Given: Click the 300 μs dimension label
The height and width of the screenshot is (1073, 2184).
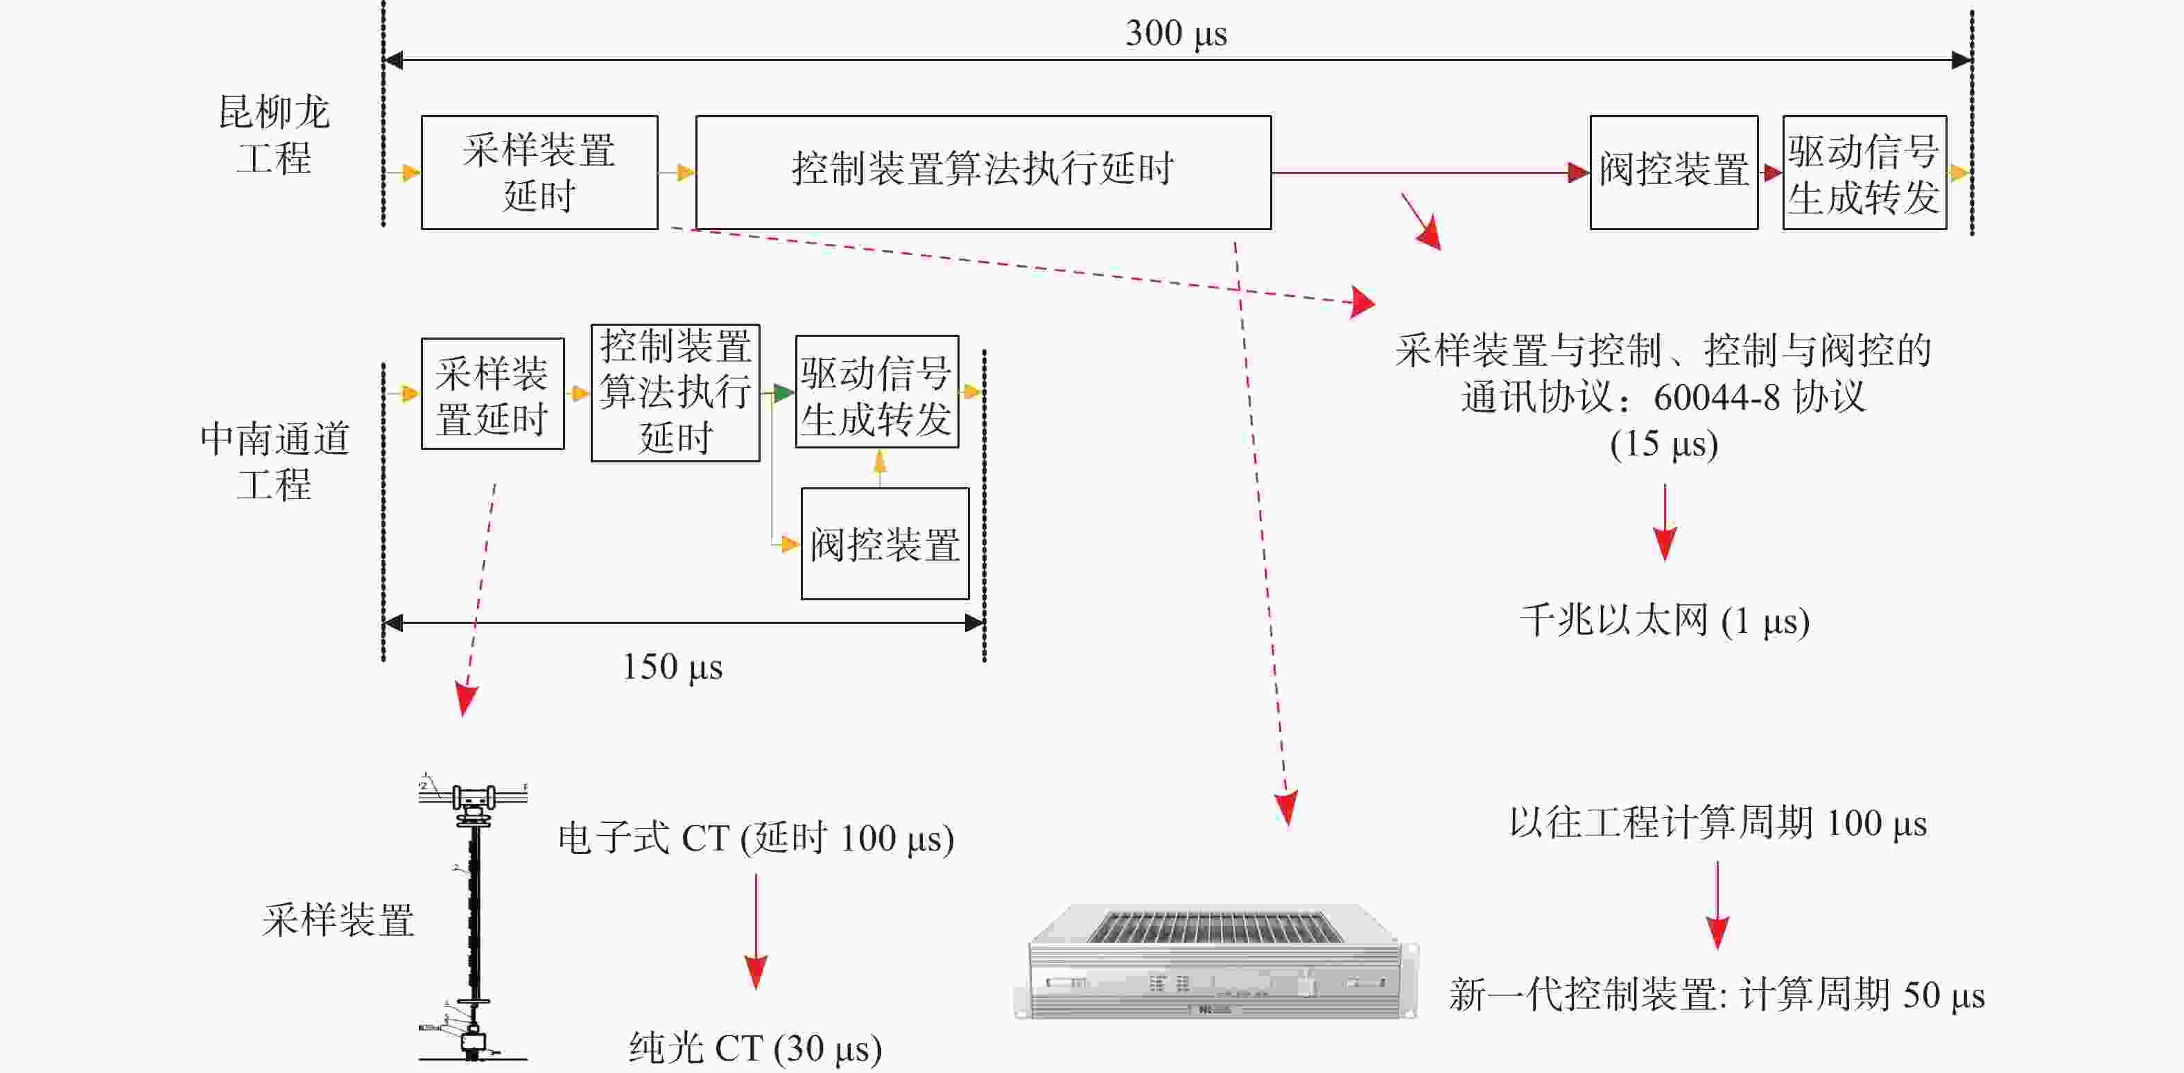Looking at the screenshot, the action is pos(1176,34).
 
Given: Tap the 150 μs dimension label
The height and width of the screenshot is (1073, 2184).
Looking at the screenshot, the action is pos(673,667).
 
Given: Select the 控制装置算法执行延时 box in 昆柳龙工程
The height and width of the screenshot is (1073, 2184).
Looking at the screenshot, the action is pos(983,172).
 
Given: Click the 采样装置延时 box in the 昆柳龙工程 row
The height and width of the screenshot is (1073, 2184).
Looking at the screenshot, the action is pos(539,172).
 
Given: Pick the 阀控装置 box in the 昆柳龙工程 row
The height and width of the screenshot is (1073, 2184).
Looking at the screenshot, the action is pos(1674,172).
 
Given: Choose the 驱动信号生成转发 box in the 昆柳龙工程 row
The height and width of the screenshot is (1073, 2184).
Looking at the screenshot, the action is pos(1864,172).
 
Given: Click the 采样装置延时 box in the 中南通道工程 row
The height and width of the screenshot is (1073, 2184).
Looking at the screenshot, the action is pos(492,393).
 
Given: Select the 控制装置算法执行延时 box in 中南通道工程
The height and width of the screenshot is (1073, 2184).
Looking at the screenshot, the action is pos(675,392).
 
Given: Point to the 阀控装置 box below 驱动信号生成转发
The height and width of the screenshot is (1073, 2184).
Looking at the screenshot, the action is pos(885,543).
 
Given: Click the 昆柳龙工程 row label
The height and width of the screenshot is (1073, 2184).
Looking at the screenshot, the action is pos(274,134).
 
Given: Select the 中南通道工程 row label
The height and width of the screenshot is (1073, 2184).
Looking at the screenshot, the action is pos(275,461).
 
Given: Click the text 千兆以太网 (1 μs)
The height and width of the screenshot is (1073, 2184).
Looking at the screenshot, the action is pos(1664,620).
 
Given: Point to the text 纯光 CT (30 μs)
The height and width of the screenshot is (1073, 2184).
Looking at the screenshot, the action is pos(756,1049).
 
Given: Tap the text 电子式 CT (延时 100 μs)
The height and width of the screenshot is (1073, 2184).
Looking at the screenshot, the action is pos(756,838).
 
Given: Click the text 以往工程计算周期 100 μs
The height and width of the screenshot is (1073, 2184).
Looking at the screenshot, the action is pos(1717,823).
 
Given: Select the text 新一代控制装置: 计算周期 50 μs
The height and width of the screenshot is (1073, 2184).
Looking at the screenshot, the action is pos(1717,994).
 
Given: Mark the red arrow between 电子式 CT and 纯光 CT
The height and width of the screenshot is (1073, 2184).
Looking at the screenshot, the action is pos(756,931).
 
